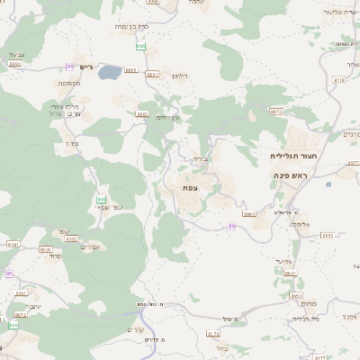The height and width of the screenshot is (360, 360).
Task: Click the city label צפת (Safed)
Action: (189, 187)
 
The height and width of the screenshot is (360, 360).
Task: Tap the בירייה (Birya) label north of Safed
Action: (199, 158)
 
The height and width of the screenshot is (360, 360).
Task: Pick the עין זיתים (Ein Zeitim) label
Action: (167, 117)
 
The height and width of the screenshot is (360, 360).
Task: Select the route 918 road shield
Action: (338, 79)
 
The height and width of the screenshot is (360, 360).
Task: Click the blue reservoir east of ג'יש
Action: (110, 70)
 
